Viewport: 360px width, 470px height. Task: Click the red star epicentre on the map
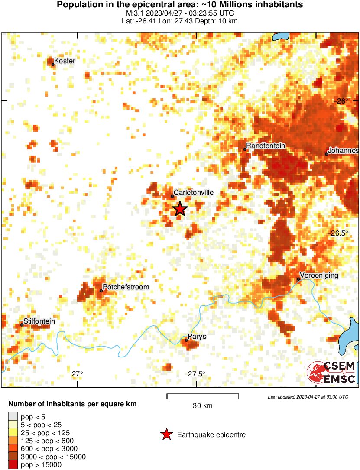pyautogui.click(x=180, y=209)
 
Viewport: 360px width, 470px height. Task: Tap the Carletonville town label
pyautogui.click(x=193, y=192)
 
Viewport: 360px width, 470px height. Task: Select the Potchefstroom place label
pyautogui.click(x=126, y=287)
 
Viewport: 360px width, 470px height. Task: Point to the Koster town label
pyautogui.click(x=65, y=61)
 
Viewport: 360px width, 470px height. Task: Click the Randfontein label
pyautogui.click(x=266, y=146)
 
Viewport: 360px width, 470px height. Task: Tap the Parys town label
pyautogui.click(x=197, y=336)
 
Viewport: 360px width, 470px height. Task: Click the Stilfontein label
pyautogui.click(x=39, y=321)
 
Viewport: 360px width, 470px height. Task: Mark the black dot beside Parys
pyautogui.click(x=186, y=340)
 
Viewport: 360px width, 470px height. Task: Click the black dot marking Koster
pyautogui.click(x=53, y=65)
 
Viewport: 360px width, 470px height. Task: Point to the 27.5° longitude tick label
pyautogui.click(x=196, y=374)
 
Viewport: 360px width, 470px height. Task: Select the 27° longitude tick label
pyautogui.click(x=77, y=374)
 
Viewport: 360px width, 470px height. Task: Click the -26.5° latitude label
pyautogui.click(x=339, y=233)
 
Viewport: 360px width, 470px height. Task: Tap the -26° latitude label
pyautogui.click(x=342, y=100)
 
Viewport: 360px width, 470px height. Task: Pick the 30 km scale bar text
pyautogui.click(x=202, y=406)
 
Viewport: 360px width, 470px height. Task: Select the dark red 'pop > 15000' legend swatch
pyautogui.click(x=13, y=464)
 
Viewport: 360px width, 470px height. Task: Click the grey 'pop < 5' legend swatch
pyautogui.click(x=13, y=417)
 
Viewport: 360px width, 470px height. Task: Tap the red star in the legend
pyautogui.click(x=166, y=434)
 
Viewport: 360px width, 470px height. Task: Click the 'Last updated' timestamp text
pyautogui.click(x=308, y=397)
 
